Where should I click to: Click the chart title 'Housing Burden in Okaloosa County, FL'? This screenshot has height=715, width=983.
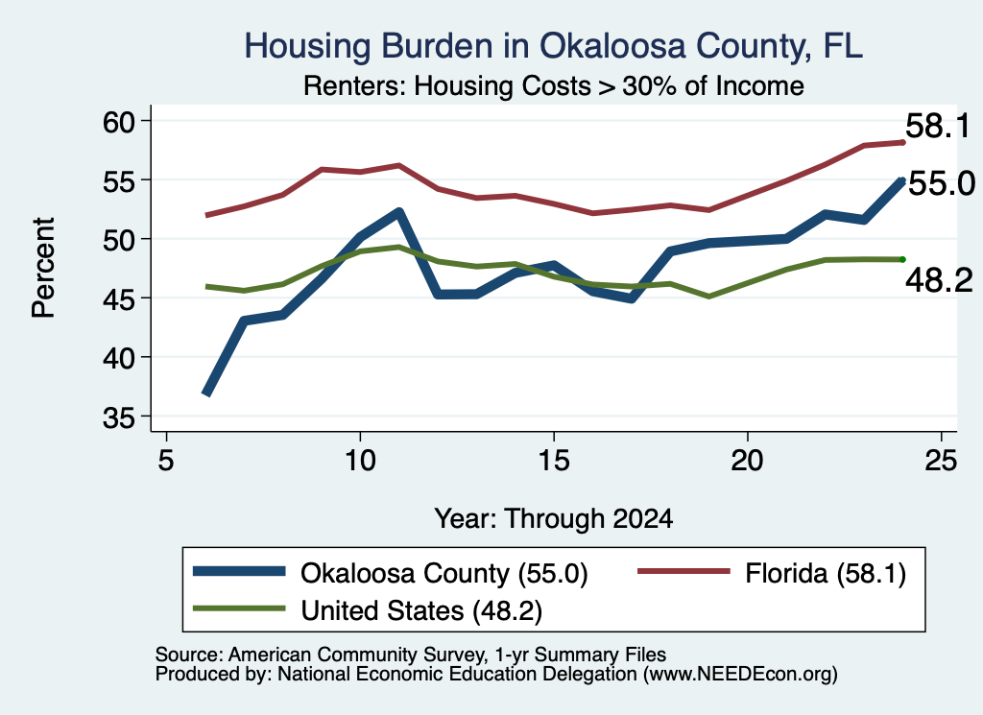(x=554, y=46)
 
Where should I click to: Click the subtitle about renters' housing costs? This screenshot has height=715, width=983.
(x=554, y=85)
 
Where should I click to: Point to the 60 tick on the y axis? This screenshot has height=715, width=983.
(x=119, y=122)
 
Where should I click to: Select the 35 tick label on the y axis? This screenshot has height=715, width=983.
(x=119, y=417)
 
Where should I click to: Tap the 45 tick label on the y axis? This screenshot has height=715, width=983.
(x=119, y=298)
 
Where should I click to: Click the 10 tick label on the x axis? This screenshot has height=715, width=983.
(x=360, y=462)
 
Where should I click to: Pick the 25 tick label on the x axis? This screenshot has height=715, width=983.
(x=941, y=462)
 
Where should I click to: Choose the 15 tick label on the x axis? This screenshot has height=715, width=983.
(x=554, y=462)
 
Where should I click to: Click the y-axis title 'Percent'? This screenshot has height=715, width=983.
(x=43, y=268)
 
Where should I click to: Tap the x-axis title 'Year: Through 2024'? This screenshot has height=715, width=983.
(x=554, y=519)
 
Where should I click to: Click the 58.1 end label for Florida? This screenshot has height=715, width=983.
(x=938, y=126)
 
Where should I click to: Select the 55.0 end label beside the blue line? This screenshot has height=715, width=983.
(x=942, y=183)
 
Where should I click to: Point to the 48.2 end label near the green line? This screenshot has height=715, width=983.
(x=939, y=280)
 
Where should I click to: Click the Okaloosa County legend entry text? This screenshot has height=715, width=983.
(x=444, y=573)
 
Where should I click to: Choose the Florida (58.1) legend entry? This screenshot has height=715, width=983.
(x=826, y=573)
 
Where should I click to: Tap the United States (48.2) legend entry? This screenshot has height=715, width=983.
(x=421, y=611)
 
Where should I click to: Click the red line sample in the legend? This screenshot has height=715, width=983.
(x=683, y=571)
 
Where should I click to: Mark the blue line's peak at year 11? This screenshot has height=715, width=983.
(x=398, y=212)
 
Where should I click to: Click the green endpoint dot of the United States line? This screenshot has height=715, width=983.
(x=902, y=259)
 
